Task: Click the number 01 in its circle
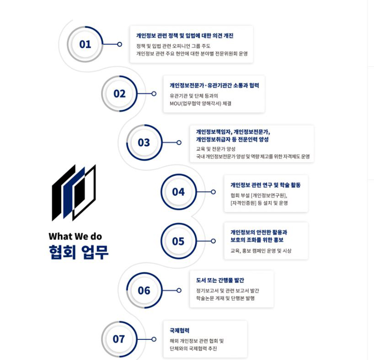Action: (x=85, y=44)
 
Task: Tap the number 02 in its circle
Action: (x=120, y=94)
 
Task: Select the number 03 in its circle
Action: (x=144, y=142)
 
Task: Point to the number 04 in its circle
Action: (x=179, y=192)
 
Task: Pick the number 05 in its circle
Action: (x=178, y=241)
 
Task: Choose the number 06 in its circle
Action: (x=144, y=290)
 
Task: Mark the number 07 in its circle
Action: (x=119, y=339)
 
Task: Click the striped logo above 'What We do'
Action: (x=74, y=192)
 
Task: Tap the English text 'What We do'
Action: (x=75, y=236)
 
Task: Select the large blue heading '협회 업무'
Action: (x=79, y=252)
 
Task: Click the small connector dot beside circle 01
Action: (x=120, y=44)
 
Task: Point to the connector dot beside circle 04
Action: (x=213, y=192)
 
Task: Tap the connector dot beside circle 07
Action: (x=154, y=339)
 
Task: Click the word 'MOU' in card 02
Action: (x=175, y=104)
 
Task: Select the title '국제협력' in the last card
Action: (x=180, y=331)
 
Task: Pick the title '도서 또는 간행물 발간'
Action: (x=220, y=280)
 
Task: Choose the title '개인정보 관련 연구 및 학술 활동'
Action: (x=266, y=185)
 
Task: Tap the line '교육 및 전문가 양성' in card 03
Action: (x=216, y=149)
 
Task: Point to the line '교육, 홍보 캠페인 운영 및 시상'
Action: (x=261, y=251)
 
